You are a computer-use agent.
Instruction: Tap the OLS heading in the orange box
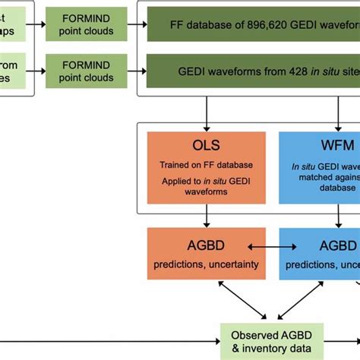click(204, 144)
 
